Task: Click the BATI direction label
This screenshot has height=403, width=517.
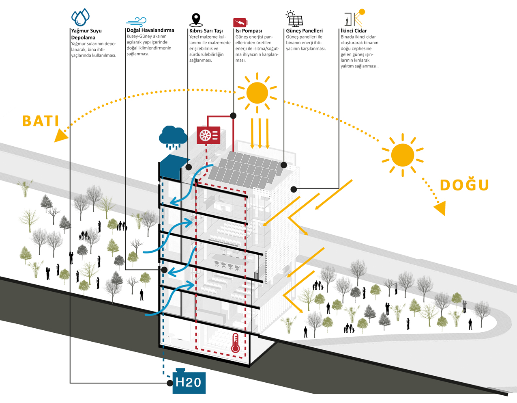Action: (x=41, y=121)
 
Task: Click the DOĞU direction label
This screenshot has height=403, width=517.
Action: (x=465, y=185)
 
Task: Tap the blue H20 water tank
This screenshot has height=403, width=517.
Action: (x=189, y=382)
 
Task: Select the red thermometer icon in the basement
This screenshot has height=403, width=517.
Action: (x=235, y=343)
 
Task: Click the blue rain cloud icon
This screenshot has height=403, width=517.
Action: (x=173, y=136)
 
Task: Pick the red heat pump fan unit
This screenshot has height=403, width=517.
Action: (x=208, y=135)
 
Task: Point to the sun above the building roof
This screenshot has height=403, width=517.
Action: (x=257, y=93)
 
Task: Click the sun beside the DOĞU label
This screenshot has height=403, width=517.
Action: (x=402, y=155)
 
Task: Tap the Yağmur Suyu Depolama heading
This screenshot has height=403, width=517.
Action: (x=86, y=34)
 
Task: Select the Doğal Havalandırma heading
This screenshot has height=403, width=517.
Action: (x=150, y=30)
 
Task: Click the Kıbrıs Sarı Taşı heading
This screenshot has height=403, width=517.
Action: (x=206, y=31)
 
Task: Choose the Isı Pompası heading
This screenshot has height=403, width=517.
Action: (x=249, y=31)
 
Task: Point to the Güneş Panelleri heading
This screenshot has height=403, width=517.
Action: (x=305, y=31)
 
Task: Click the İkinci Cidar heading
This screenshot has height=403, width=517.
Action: (x=354, y=31)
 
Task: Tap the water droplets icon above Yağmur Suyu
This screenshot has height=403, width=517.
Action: (x=80, y=17)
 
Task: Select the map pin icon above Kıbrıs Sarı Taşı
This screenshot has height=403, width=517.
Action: (x=196, y=19)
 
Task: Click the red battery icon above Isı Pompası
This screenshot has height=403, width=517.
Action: (x=240, y=22)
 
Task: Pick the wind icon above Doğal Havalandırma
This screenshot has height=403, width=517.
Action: (x=136, y=22)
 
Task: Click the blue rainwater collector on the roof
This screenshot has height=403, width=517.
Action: (x=170, y=167)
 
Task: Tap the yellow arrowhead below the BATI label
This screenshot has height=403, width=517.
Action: (x=60, y=136)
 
